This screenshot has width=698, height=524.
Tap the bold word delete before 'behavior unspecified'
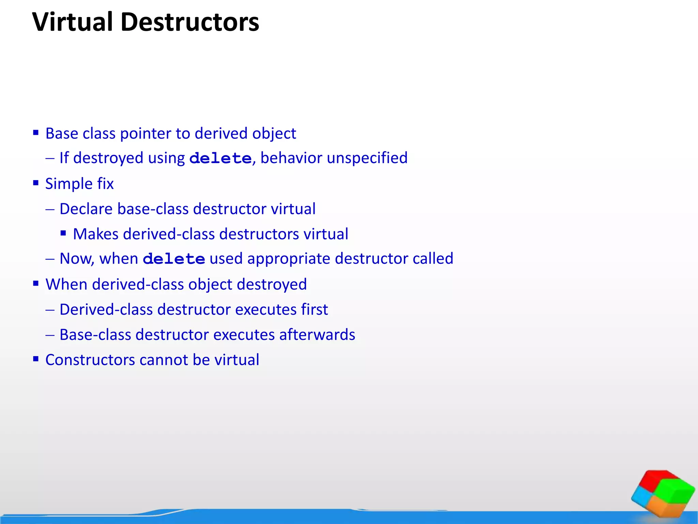coord(220,158)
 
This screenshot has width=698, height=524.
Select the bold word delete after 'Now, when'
coord(174,259)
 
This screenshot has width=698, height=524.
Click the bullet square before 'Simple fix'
coord(36,183)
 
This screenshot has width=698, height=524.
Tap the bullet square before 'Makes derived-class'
coord(63,233)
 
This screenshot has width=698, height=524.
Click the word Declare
coord(86,209)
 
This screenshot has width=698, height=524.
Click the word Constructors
coord(90,360)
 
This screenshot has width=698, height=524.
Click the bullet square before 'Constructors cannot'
coord(36,359)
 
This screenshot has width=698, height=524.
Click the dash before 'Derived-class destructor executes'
coord(50,310)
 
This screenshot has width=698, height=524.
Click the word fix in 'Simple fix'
coord(105,184)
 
